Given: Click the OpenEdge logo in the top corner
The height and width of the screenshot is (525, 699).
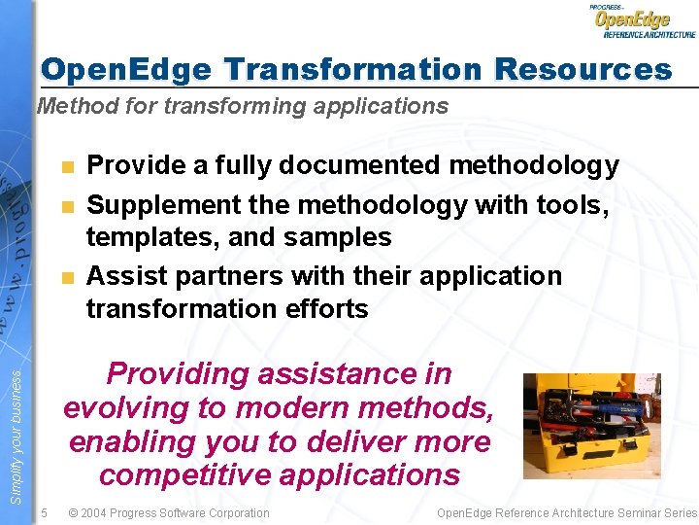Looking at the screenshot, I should [643, 20].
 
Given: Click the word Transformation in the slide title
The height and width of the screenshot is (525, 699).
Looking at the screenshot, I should [352, 70].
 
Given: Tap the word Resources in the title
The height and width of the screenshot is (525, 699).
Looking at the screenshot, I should [582, 70].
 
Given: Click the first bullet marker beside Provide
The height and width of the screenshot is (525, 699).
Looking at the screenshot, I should [67, 167].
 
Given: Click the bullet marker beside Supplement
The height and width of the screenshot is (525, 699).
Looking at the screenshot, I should [67, 206].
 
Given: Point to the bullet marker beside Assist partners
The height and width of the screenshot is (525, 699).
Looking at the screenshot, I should [67, 277].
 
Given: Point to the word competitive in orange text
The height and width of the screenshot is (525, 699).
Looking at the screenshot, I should [181, 474].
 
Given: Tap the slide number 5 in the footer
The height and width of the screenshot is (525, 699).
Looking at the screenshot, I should [44, 512].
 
